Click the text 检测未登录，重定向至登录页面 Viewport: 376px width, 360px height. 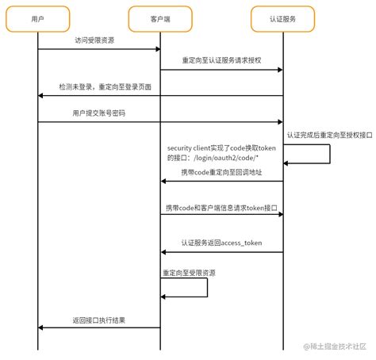click(105, 86)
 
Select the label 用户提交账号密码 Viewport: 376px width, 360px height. click(99, 113)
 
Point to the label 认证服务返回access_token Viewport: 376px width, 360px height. click(221, 243)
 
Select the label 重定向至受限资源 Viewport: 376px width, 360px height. click(188, 272)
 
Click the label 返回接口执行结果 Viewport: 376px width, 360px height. click(99, 320)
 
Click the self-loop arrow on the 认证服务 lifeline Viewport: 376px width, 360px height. click(329, 153)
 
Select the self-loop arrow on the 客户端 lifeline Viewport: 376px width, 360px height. click(207, 287)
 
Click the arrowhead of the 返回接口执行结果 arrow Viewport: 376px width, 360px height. click(41, 327)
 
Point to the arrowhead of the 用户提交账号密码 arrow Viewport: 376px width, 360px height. click(279, 122)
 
